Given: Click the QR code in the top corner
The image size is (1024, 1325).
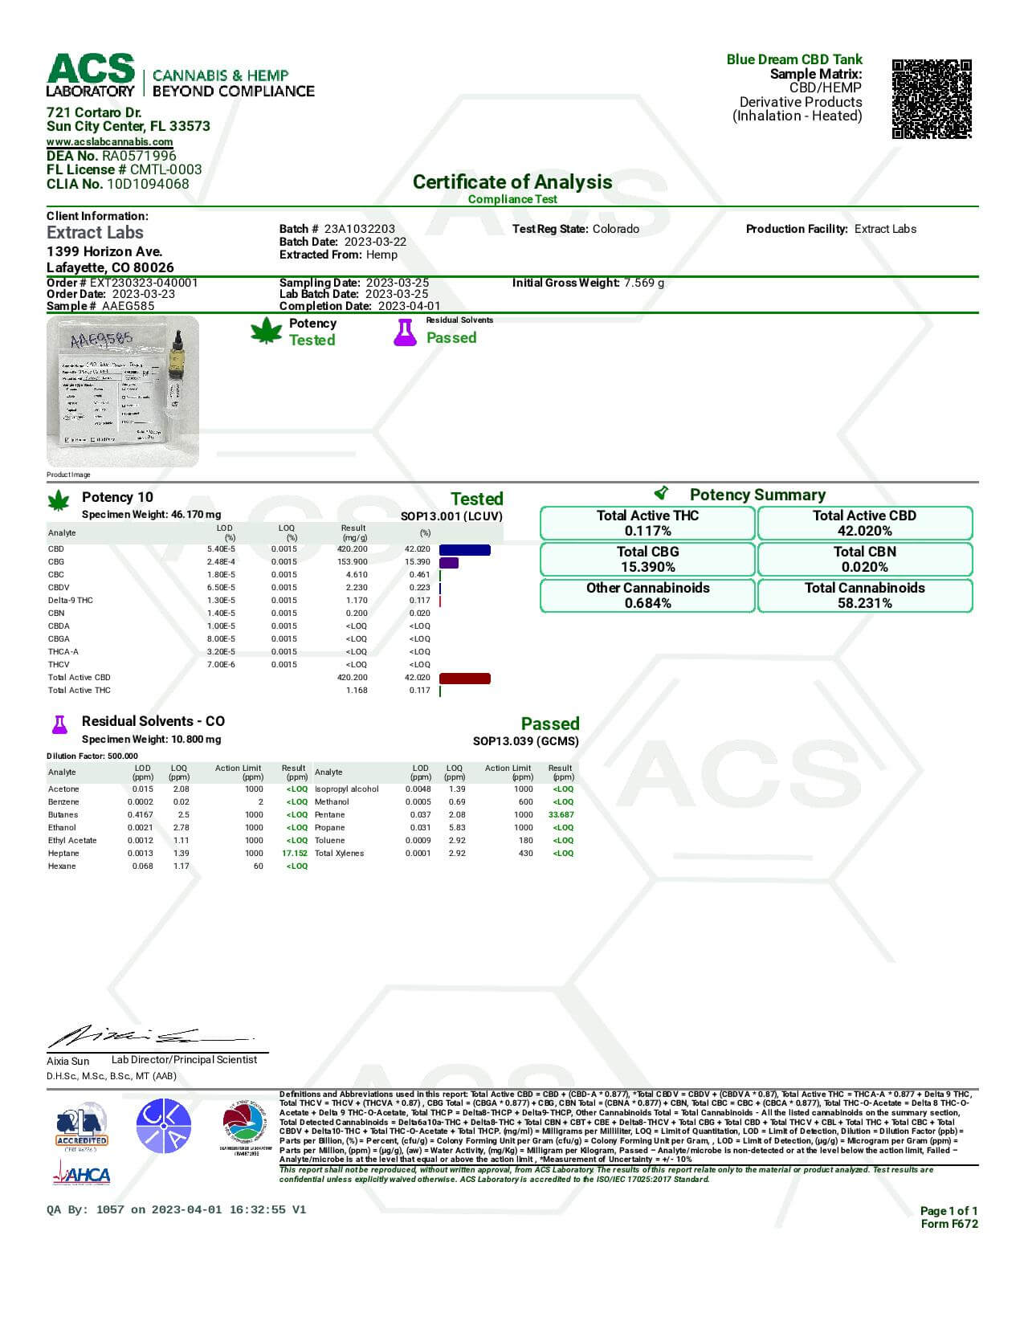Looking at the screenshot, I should pyautogui.click(x=932, y=99).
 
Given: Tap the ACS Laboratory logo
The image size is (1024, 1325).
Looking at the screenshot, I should pyautogui.click(x=91, y=75).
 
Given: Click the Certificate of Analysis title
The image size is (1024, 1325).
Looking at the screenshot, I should pyautogui.click(x=512, y=182).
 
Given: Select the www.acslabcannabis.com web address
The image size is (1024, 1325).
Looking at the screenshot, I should pyautogui.click(x=109, y=142).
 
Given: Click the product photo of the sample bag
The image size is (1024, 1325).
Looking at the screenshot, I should pyautogui.click(x=122, y=391).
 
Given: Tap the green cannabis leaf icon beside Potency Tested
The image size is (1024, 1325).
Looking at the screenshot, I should pyautogui.click(x=266, y=331).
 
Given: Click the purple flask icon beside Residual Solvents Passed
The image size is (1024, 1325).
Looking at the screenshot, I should pyautogui.click(x=405, y=332).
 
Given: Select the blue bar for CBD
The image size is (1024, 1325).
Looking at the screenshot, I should pyautogui.click(x=464, y=550).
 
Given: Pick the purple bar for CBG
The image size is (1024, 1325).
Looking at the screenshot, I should pyautogui.click(x=449, y=563).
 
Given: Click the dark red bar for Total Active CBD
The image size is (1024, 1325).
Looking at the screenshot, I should pyautogui.click(x=464, y=679).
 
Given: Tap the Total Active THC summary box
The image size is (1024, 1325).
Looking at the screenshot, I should pyautogui.click(x=647, y=524).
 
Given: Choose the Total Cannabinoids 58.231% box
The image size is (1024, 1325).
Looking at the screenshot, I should pyautogui.click(x=864, y=596).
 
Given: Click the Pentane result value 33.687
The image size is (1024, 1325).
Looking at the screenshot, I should pyautogui.click(x=561, y=815).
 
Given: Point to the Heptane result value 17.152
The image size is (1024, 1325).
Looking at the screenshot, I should pyautogui.click(x=295, y=854).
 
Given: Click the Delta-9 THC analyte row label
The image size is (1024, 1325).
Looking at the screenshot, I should pyautogui.click(x=71, y=601).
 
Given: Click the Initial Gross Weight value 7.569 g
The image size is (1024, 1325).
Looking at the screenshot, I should pyautogui.click(x=644, y=283).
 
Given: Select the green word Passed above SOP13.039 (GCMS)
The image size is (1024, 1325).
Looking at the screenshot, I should pyautogui.click(x=549, y=724).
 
